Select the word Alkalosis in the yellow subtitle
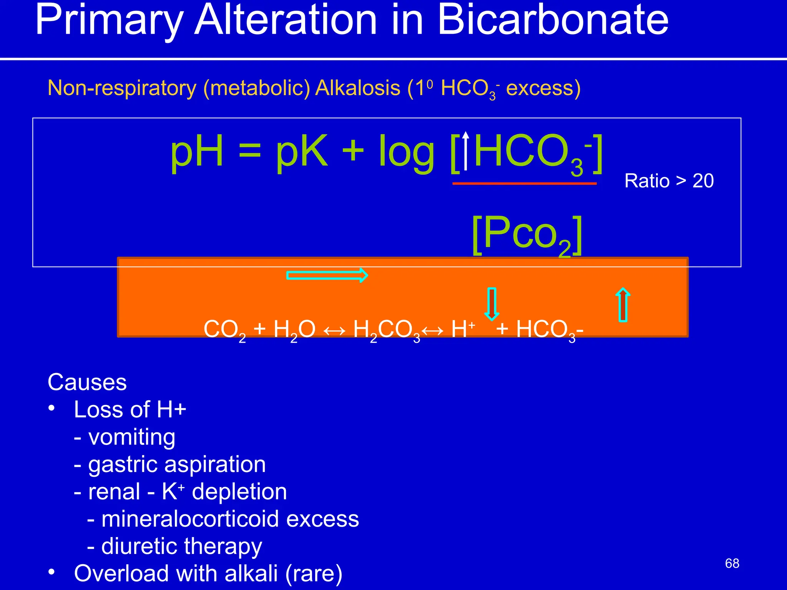(x=358, y=88)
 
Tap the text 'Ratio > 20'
(x=669, y=181)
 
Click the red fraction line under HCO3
(x=524, y=184)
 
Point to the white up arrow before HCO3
(x=466, y=151)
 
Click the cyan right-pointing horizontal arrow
(x=327, y=275)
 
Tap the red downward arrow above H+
(x=492, y=303)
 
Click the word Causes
(x=87, y=382)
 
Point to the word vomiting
(x=132, y=438)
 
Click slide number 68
(x=732, y=563)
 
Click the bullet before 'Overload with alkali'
(x=52, y=572)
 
